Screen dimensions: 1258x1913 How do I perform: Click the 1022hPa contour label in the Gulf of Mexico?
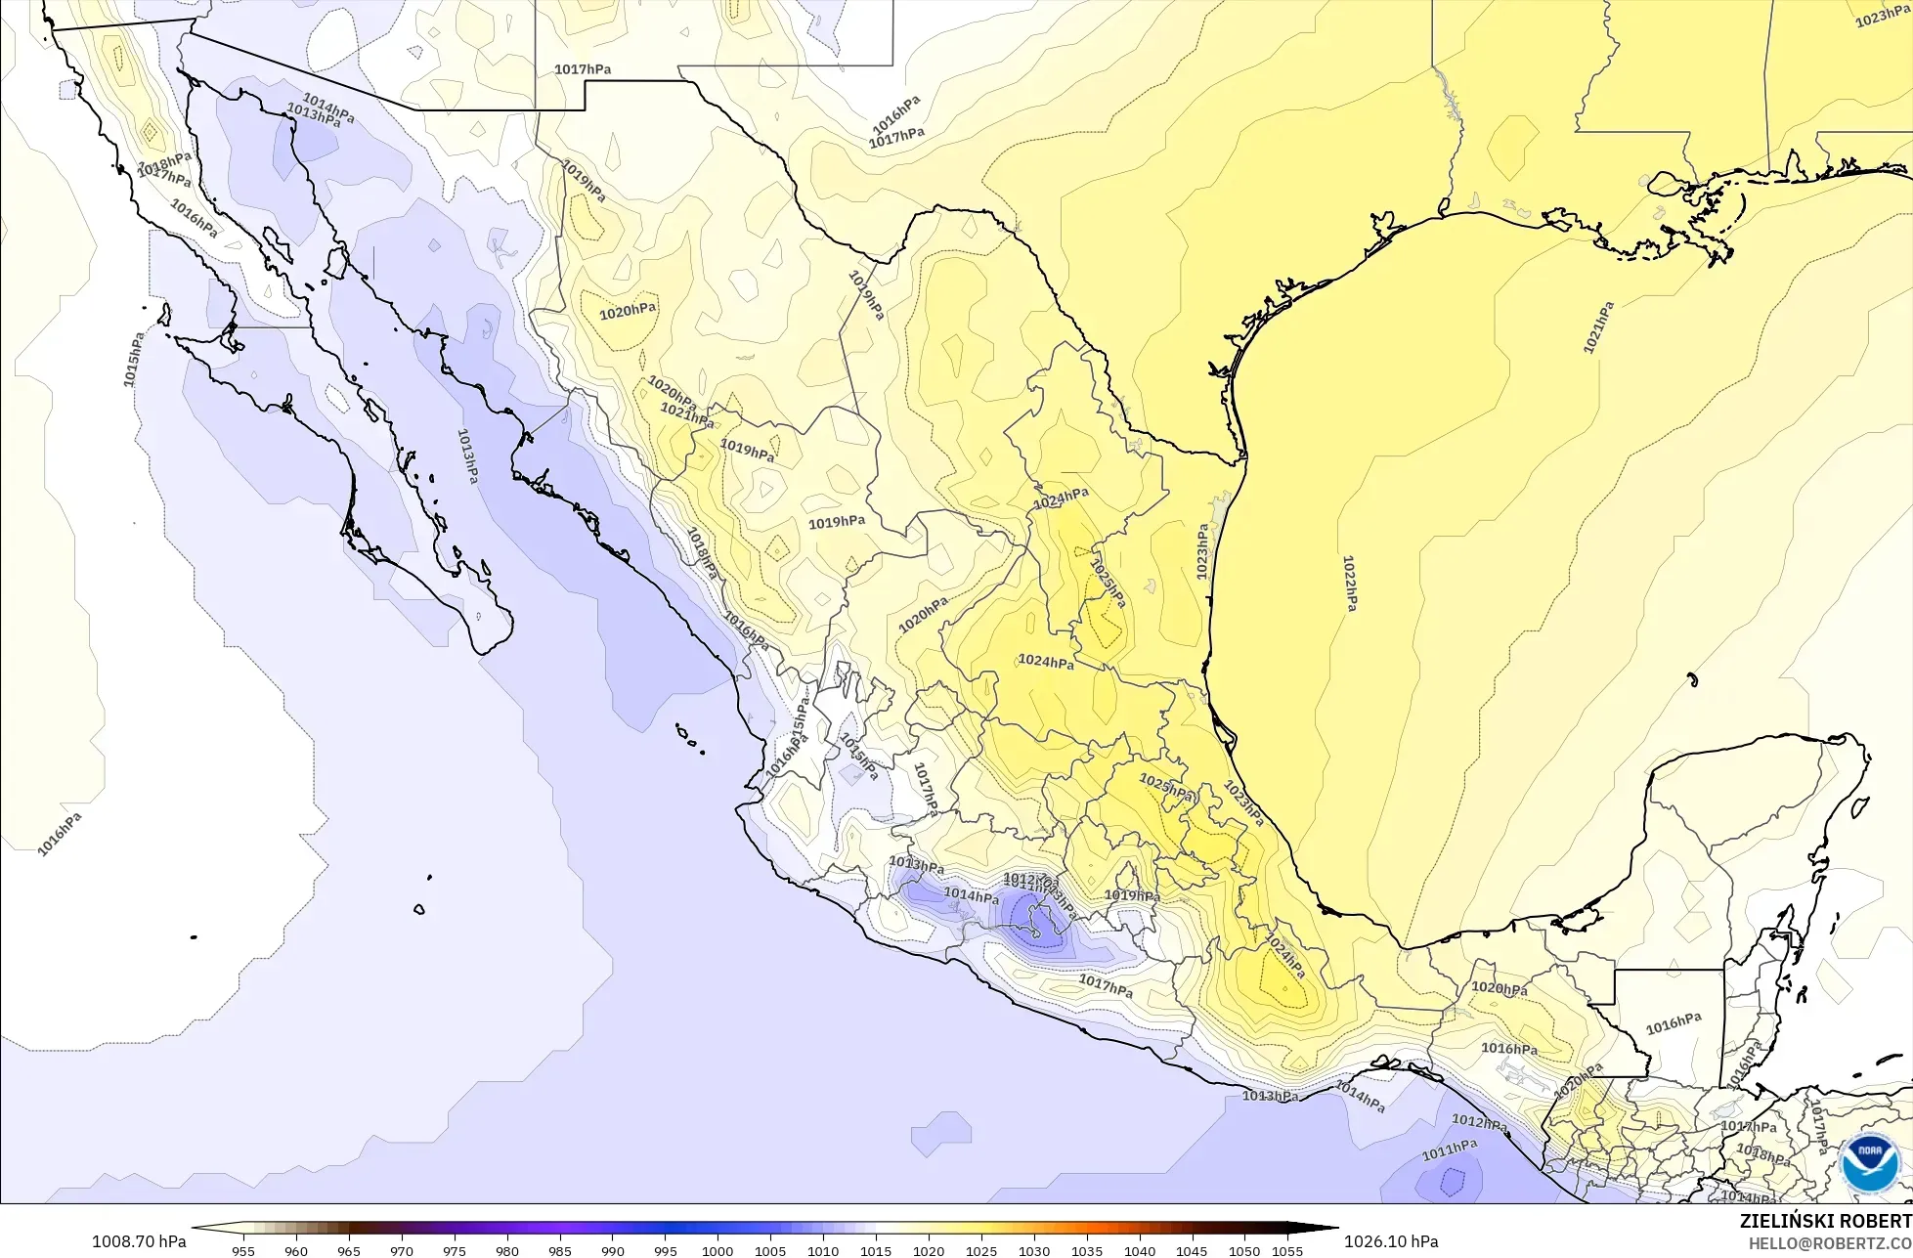[1349, 584]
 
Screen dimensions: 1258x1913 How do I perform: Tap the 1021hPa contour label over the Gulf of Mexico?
[1598, 327]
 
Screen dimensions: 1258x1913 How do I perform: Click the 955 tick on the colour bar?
[243, 1250]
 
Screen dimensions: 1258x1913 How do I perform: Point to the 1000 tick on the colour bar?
[717, 1250]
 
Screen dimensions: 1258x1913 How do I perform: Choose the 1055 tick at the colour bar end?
[1287, 1250]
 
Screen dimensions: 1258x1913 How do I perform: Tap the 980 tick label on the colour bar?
[506, 1250]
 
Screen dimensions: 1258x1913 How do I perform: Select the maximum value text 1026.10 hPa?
[1391, 1241]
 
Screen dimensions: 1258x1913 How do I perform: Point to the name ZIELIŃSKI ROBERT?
[1825, 1221]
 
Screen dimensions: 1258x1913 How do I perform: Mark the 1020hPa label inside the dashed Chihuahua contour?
[628, 312]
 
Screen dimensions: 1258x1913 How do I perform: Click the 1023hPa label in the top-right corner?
[1882, 17]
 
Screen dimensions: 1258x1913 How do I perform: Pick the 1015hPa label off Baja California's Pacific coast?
[134, 359]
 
